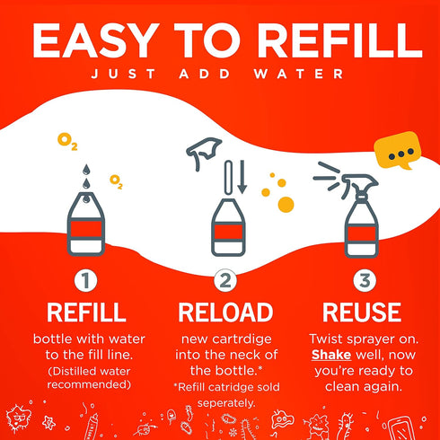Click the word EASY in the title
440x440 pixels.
click(95, 40)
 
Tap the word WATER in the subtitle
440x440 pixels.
click(298, 74)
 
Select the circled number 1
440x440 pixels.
click(86, 281)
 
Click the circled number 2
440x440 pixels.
click(225, 281)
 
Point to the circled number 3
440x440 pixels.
click(365, 281)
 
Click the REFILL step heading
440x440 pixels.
click(86, 312)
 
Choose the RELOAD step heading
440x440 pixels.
click(225, 312)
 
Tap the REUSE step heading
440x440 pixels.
click(362, 312)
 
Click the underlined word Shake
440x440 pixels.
click(331, 355)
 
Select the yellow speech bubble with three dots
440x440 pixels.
click(398, 150)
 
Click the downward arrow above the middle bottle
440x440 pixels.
click(242, 177)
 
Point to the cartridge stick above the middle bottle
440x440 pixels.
click(229, 178)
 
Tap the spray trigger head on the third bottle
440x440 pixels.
click(360, 183)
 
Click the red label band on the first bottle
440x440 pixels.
click(86, 229)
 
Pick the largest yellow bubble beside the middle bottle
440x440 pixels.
click(286, 205)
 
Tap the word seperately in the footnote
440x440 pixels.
click(226, 403)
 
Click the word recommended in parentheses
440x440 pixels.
click(89, 384)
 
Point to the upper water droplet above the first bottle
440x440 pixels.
click(86, 170)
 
